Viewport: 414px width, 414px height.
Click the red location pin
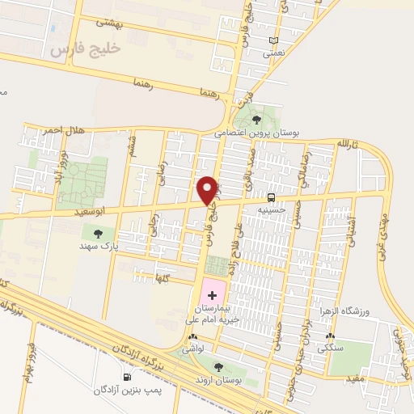[x=209, y=189]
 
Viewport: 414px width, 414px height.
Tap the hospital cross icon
[x=212, y=298]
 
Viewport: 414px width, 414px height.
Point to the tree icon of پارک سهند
[x=99, y=233]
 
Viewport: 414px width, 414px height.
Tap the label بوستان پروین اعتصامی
[x=257, y=131]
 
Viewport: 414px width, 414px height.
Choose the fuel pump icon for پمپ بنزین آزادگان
[x=126, y=377]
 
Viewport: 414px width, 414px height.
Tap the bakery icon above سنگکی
[x=329, y=336]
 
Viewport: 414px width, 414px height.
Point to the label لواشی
[x=192, y=349]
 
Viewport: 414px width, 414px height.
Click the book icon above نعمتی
[x=274, y=40]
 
